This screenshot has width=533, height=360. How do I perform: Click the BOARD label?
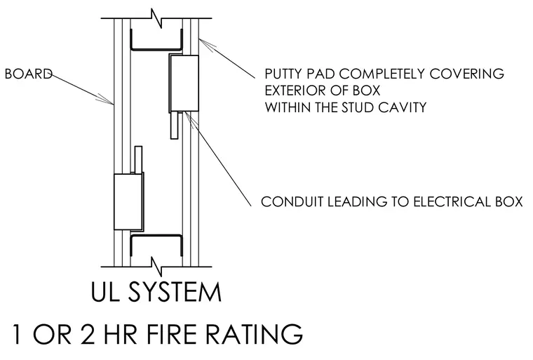pos(29,74)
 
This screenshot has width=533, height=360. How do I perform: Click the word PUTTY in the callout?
pos(284,74)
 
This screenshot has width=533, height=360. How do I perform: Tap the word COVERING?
pos(466,74)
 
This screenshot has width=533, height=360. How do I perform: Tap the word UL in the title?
pos(104,293)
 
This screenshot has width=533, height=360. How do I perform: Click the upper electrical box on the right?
pos(184,84)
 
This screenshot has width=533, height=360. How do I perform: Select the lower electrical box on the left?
pos(128,201)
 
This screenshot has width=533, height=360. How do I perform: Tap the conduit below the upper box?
pos(174,125)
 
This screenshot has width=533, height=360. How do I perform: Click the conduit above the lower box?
pos(138,159)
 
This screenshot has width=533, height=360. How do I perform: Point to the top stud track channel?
pos(156,48)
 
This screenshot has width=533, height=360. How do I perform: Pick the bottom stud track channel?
pos(156,236)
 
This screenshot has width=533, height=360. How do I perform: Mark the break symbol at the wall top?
pos(156,18)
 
